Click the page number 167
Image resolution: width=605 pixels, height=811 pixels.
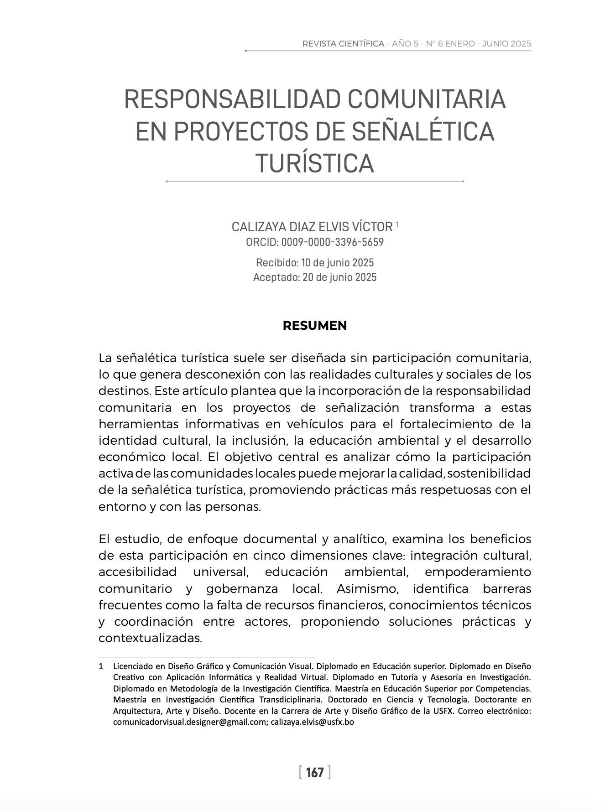[315, 772]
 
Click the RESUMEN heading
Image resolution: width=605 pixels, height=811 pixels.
[315, 326]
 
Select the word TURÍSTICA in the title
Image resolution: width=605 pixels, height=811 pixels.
[315, 163]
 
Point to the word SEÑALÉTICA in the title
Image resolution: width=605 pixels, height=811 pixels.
[423, 131]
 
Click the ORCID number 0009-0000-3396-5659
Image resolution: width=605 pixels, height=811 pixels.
[332, 242]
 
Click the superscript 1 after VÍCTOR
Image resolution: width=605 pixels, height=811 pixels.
[397, 224]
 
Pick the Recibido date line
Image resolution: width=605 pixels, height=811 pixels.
[315, 263]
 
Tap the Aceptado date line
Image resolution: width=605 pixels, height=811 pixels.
[315, 277]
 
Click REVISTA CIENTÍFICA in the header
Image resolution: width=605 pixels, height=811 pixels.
[343, 44]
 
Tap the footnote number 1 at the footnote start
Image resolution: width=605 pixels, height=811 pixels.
[101, 666]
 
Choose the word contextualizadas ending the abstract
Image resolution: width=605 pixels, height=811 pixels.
[150, 638]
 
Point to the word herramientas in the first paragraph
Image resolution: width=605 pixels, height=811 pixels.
[137, 424]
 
